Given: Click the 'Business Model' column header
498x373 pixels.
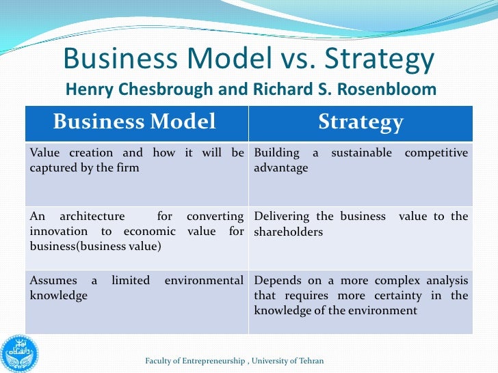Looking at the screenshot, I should (134, 122).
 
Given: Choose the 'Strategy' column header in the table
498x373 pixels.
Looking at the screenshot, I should (361, 122).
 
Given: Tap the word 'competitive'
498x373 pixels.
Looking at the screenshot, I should (436, 153).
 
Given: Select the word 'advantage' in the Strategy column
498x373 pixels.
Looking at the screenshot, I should (281, 167).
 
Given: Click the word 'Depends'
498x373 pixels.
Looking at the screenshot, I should (276, 281).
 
